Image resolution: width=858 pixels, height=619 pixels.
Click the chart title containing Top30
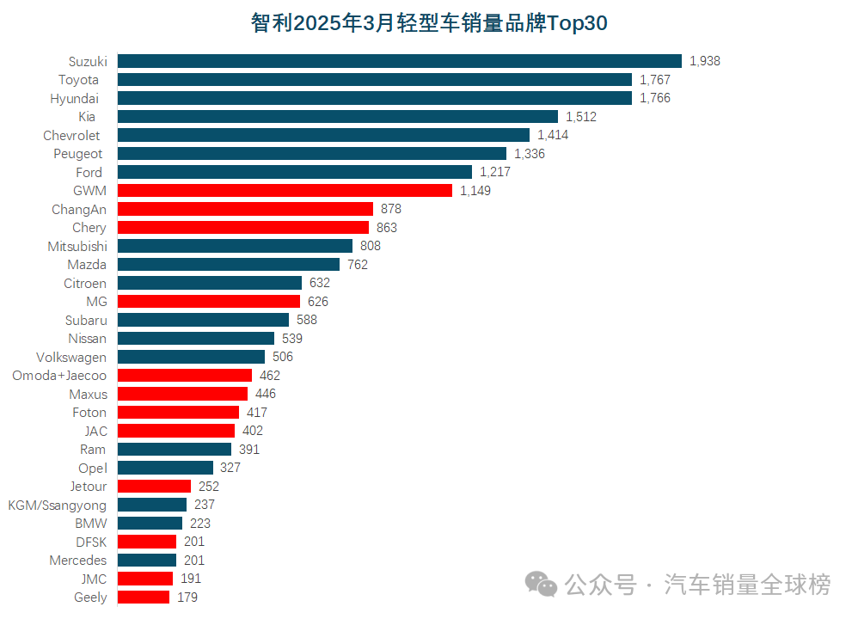point(429,23)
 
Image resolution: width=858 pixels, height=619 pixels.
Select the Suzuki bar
point(399,61)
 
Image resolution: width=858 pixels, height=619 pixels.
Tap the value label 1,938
point(705,61)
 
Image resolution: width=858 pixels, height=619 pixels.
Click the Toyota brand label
point(78,80)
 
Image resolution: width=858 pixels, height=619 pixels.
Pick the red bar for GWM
point(285,191)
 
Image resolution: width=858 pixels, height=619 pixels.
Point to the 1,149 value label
point(475,191)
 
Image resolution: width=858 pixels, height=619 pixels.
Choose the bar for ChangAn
point(245,209)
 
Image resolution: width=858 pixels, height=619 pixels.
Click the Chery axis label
point(89,228)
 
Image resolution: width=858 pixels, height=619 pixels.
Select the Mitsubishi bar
point(235,246)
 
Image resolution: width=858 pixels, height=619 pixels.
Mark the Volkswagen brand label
point(71,357)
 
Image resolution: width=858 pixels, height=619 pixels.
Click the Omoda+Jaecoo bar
point(185,376)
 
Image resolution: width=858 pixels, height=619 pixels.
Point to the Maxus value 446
point(266,394)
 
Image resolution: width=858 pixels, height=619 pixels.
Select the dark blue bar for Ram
point(175,450)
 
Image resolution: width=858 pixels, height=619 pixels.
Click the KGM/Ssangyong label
point(58,505)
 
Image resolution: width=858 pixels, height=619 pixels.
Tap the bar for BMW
point(150,524)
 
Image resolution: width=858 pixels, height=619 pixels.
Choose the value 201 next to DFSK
point(194,542)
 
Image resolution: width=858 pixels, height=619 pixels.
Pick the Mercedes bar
point(147,561)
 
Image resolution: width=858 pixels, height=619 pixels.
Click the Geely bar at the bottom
point(144,598)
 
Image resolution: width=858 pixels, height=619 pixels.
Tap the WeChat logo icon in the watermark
point(542,585)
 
